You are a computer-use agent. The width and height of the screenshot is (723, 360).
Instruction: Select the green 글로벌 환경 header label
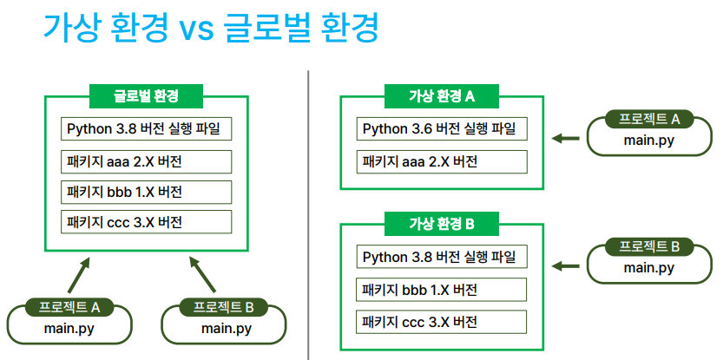tap(146, 96)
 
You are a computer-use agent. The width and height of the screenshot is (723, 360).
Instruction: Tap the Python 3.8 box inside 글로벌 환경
tap(146, 129)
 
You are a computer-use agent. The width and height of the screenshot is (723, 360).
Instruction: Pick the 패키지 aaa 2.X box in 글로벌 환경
tap(146, 162)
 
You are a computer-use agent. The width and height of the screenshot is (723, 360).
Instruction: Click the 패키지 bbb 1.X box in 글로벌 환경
tap(146, 192)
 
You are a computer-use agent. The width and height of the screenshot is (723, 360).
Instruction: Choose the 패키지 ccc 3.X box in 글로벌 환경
tap(146, 222)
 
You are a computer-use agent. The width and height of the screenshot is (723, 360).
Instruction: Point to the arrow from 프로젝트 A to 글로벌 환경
tap(78, 275)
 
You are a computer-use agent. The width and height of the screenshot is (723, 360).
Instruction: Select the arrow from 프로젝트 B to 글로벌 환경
tap(203, 275)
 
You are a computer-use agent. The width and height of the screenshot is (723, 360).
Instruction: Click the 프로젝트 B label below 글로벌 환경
tap(224, 307)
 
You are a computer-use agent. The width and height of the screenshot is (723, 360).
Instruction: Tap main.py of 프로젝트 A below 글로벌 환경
tap(69, 329)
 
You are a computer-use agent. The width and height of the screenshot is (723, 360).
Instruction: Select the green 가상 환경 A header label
tap(442, 96)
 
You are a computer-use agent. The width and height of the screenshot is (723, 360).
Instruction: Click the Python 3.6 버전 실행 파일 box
tap(442, 129)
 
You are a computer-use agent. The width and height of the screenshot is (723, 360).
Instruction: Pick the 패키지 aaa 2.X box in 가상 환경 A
tap(442, 162)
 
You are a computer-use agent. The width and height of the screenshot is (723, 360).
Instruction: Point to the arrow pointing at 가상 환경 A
tap(565, 138)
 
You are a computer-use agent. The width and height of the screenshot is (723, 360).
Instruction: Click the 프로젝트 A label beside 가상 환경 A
tap(649, 119)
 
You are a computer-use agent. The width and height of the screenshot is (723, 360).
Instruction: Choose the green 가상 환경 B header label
tap(442, 224)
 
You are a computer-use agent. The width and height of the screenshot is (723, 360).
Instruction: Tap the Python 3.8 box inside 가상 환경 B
tap(442, 257)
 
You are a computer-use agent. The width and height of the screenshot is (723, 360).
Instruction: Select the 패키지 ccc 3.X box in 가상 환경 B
tap(441, 322)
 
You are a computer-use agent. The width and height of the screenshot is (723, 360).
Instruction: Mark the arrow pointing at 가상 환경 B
tap(565, 266)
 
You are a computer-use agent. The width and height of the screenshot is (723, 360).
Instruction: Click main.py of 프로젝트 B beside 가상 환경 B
tap(649, 267)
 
